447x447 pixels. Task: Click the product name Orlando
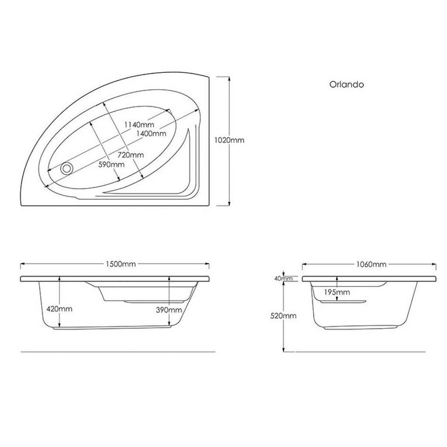[346, 84]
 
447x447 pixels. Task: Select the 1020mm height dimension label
[230, 140]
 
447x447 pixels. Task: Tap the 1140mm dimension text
[139, 124]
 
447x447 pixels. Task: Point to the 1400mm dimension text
[151, 133]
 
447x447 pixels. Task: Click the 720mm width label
[131, 155]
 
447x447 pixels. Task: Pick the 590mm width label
[111, 164]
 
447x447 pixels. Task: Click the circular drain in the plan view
[67, 168]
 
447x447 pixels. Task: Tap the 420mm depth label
[59, 309]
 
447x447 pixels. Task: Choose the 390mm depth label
[169, 310]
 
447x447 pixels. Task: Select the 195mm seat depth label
[337, 292]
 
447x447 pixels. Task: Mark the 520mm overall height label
[284, 316]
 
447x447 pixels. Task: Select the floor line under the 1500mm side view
[118, 351]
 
